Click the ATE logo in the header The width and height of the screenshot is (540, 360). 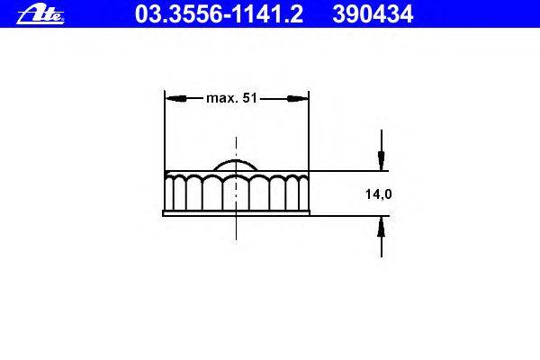point(40,14)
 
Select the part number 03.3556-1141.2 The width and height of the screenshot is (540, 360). point(219,14)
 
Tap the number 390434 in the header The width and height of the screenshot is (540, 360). point(373,14)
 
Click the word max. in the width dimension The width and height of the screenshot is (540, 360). point(222,98)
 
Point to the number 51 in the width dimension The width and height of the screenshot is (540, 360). point(249,98)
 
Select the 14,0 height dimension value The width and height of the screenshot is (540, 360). point(379,194)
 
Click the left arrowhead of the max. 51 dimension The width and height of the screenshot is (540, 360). point(176,98)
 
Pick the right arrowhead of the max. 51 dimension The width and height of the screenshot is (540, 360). point(298,98)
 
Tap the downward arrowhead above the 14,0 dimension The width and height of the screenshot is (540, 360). point(382,160)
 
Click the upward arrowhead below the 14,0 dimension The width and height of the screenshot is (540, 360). point(382,227)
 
